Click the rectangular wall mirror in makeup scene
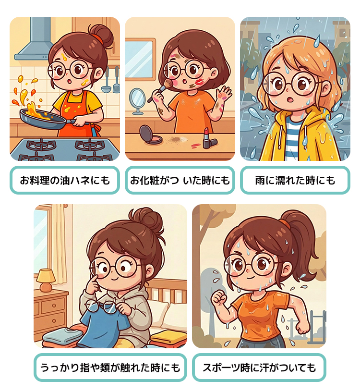click(140, 60)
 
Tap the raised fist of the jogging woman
click(218, 299)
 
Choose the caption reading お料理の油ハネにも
click(65, 180)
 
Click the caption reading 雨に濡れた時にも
click(295, 180)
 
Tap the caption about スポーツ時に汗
click(259, 367)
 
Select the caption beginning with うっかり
click(110, 367)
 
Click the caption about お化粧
click(180, 180)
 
